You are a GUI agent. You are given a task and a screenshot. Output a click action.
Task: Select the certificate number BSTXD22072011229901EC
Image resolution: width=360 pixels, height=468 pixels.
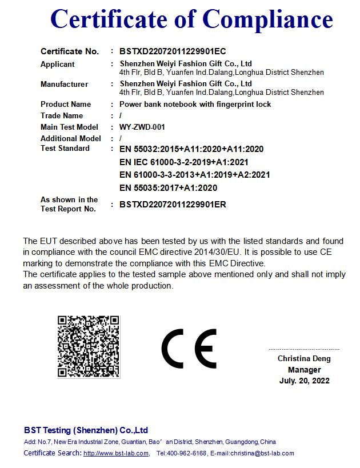pyautogui.click(x=173, y=51)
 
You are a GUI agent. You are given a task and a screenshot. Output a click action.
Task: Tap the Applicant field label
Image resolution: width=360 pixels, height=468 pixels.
pyautogui.click(x=58, y=65)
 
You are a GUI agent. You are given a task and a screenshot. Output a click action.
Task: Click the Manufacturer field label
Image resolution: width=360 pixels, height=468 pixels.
pyautogui.click(x=64, y=85)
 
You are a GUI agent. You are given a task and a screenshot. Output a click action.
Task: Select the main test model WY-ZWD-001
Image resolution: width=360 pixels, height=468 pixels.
pyautogui.click(x=142, y=127)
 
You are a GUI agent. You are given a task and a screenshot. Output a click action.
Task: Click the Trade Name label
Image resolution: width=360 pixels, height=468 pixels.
pyautogui.click(x=62, y=116)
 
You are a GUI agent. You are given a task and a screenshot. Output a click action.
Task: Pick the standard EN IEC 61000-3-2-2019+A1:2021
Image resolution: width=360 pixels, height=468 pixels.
pyautogui.click(x=183, y=162)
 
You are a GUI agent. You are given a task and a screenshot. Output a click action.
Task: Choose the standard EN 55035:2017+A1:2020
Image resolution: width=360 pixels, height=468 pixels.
pyautogui.click(x=168, y=188)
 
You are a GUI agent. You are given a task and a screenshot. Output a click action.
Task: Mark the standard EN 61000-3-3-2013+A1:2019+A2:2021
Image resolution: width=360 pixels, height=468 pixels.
pyautogui.click(x=194, y=175)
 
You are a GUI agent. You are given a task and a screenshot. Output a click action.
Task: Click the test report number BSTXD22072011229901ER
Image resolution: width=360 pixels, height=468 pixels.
pyautogui.click(x=173, y=205)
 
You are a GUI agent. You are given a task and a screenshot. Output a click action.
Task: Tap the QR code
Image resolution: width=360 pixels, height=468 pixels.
pyautogui.click(x=89, y=346)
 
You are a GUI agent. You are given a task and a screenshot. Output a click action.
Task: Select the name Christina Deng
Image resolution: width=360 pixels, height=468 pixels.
pyautogui.click(x=304, y=359)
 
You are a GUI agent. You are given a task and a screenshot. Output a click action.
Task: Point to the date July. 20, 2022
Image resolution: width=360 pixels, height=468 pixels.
pyautogui.click(x=305, y=381)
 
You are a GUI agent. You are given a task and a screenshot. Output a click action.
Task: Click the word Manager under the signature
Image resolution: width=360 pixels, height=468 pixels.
pyautogui.click(x=305, y=370)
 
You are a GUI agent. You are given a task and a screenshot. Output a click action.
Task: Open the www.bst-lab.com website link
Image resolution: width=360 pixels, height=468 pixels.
pyautogui.click(x=116, y=454)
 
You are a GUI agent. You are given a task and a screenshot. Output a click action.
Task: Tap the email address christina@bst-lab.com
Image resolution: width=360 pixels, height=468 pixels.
pyautogui.click(x=262, y=454)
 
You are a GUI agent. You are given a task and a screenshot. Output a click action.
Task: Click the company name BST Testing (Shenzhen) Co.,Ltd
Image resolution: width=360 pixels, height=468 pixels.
pyautogui.click(x=86, y=430)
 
